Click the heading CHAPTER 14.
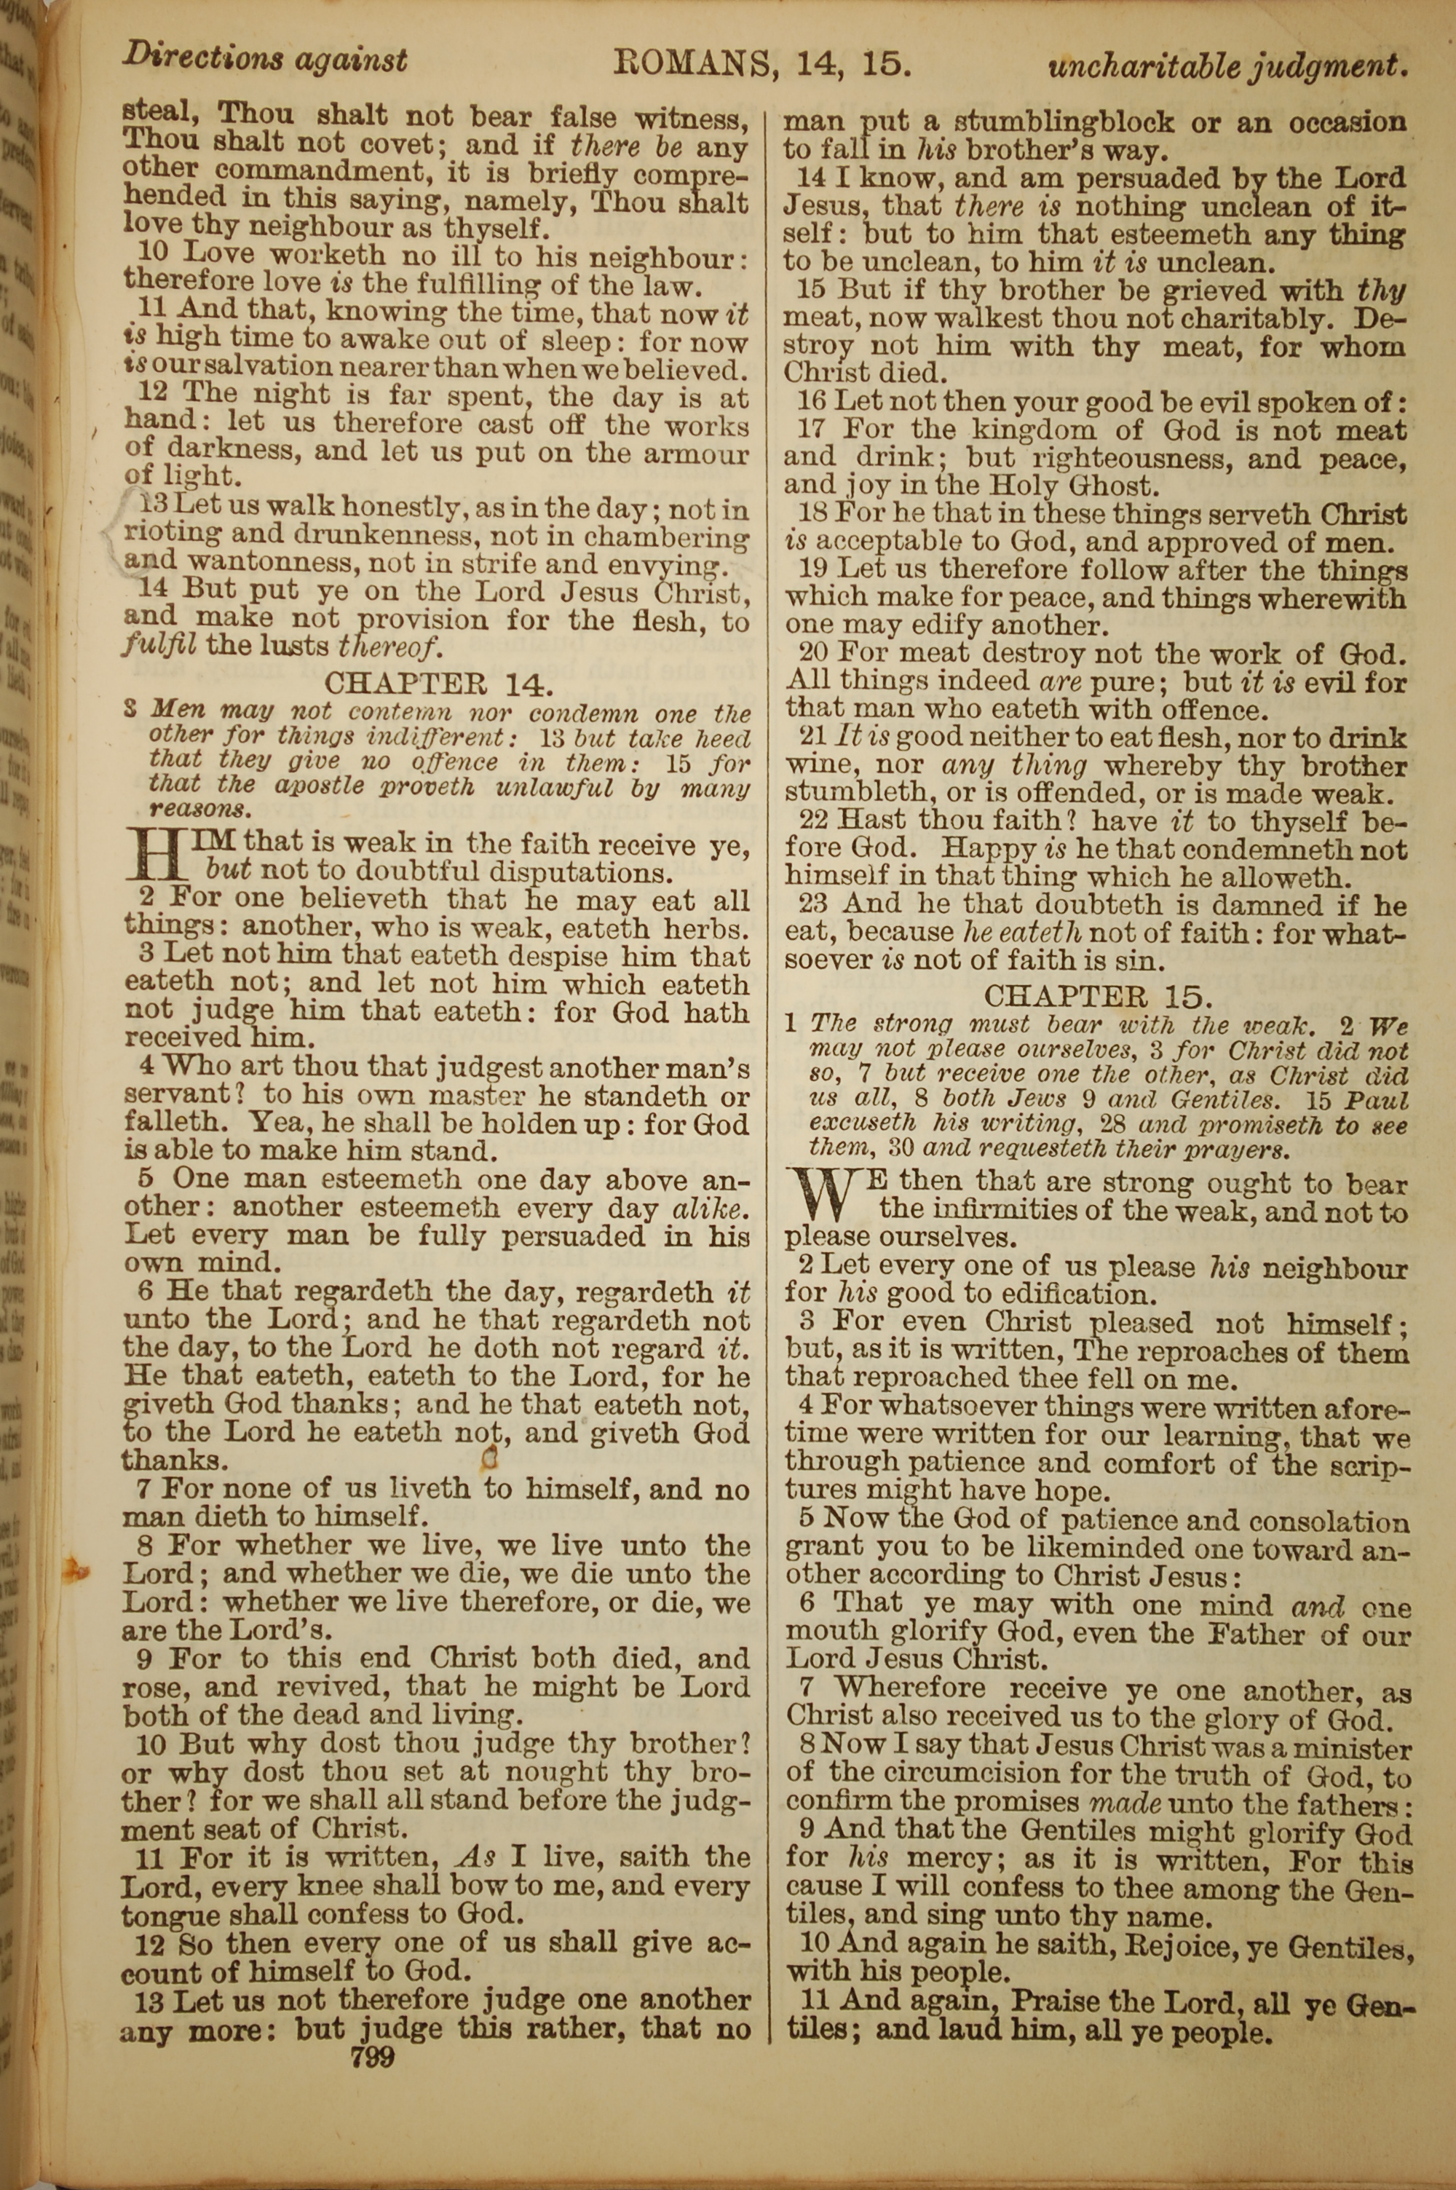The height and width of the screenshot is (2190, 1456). point(438,684)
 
